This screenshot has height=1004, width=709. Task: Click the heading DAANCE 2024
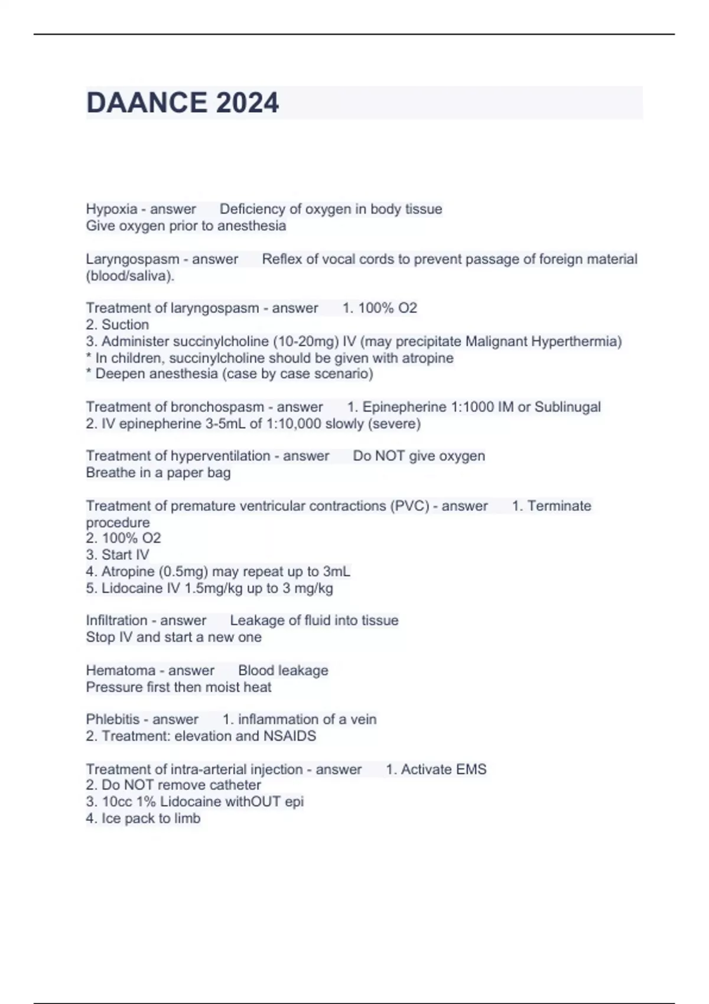182,103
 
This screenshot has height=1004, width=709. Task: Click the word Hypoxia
111,209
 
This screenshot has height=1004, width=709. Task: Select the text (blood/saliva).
130,276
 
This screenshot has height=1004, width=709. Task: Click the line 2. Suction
117,325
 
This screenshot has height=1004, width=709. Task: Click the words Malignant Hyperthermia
543,341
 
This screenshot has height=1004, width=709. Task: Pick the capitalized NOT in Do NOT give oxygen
391,456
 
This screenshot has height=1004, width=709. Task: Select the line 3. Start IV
117,555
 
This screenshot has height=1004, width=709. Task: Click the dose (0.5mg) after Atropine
181,572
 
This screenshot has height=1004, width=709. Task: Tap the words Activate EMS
444,770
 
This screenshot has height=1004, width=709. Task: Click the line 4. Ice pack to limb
143,819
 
